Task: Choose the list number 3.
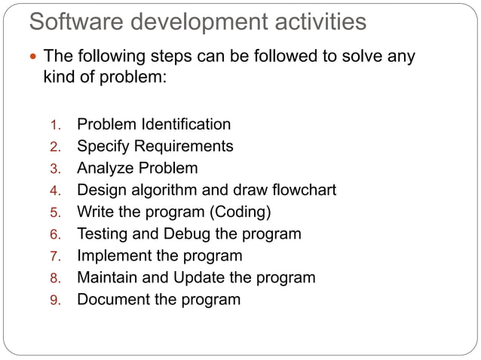(54, 169)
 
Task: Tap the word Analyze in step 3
(106, 168)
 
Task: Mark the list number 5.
(54, 212)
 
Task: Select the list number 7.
(54, 256)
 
